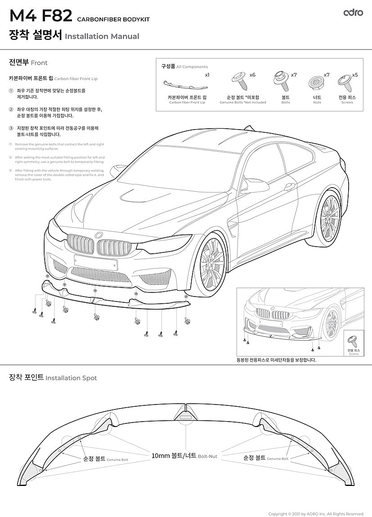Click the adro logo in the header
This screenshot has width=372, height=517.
(353, 13)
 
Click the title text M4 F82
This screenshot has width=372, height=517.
(40, 17)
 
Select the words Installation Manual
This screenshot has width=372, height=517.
(102, 36)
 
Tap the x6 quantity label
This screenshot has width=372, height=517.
(252, 75)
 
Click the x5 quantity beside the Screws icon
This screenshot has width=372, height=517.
(355, 75)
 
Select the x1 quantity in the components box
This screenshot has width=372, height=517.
(207, 75)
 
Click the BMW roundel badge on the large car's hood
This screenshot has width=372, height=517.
(99, 234)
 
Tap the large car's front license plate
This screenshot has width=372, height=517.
(96, 262)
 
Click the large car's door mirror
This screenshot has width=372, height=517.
(252, 185)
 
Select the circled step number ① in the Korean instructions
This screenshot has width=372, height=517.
(11, 90)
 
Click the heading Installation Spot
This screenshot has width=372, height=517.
(71, 378)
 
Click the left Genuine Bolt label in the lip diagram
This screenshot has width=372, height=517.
(105, 459)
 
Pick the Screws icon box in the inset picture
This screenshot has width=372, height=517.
(353, 343)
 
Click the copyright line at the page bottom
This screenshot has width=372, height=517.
(316, 514)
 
